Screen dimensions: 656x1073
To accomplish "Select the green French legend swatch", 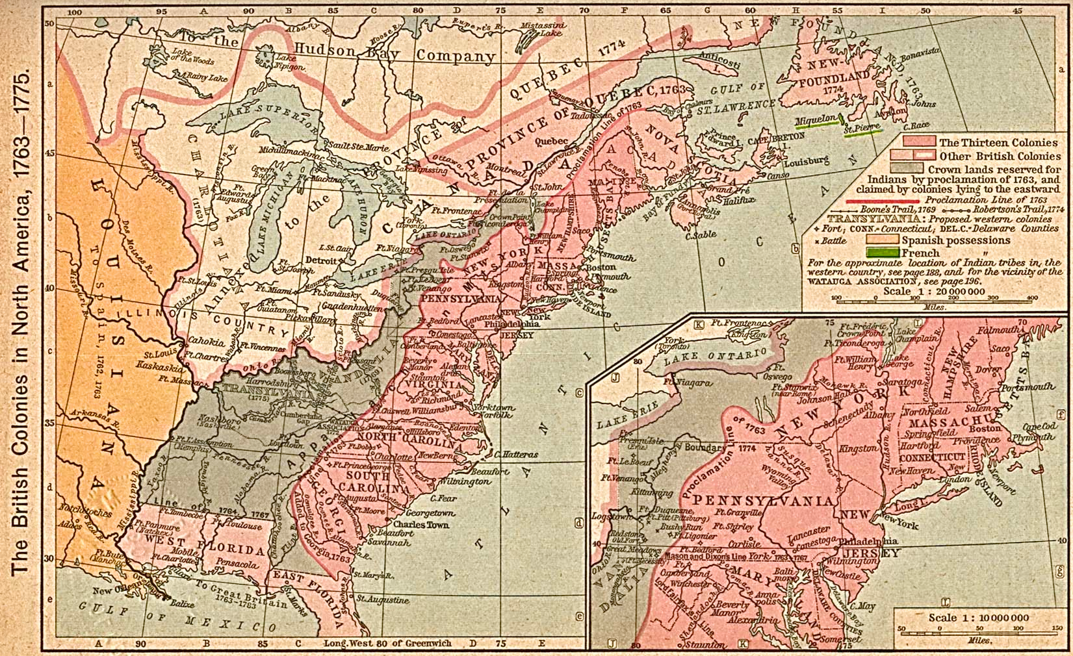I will (x=882, y=253).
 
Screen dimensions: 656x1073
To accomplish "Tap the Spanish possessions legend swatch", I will (x=882, y=240).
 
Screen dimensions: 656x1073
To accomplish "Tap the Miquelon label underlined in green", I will (x=815, y=121).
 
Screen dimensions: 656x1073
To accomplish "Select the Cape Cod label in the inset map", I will (x=1040, y=427).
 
